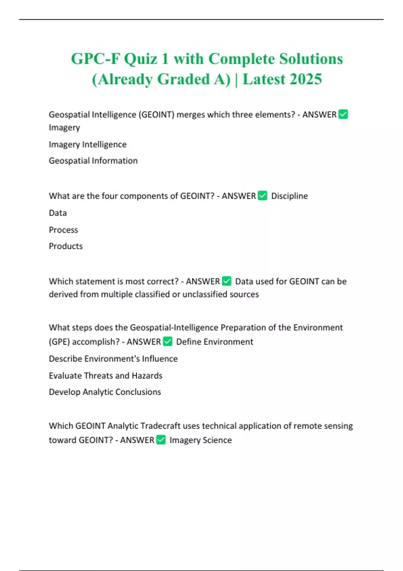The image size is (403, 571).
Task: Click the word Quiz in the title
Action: pyautogui.click(x=141, y=59)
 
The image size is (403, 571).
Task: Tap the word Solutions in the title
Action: pyautogui.click(x=311, y=59)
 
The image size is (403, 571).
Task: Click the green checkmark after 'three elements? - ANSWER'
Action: pyautogui.click(x=343, y=115)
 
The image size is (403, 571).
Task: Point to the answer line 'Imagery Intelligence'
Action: pyautogui.click(x=88, y=144)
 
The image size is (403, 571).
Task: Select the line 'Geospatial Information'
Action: pyautogui.click(x=93, y=161)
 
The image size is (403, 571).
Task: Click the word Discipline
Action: pyautogui.click(x=289, y=196)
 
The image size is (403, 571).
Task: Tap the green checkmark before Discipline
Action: pyautogui.click(x=263, y=195)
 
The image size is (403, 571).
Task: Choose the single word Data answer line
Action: pyautogui.click(x=58, y=213)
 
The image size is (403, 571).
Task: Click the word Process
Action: pyautogui.click(x=63, y=230)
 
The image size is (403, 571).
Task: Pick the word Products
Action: pyautogui.click(x=65, y=246)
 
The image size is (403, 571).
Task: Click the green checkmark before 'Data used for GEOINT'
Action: pyautogui.click(x=227, y=281)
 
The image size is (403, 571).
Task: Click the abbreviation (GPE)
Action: pyautogui.click(x=59, y=342)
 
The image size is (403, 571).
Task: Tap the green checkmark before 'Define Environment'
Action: pyautogui.click(x=168, y=342)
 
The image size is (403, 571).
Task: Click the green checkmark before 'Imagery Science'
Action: pyautogui.click(x=161, y=440)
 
